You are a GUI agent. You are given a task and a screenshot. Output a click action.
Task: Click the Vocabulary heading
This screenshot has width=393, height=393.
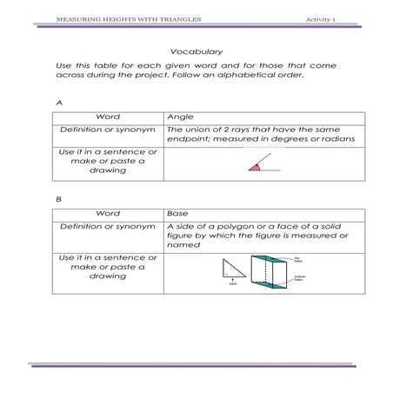tap(196, 51)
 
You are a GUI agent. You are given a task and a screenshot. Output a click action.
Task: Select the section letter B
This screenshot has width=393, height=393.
tap(58, 199)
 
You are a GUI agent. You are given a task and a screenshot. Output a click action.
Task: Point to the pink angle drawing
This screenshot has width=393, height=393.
tap(256, 166)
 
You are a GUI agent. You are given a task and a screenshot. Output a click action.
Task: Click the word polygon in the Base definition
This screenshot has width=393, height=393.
tap(232, 227)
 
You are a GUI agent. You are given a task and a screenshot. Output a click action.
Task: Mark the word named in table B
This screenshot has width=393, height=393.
tap(183, 245)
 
